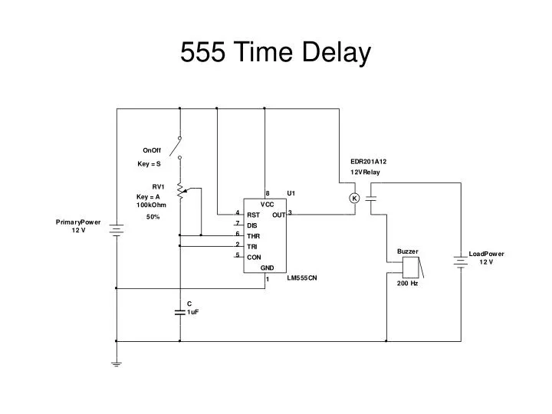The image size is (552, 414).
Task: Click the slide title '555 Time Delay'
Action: tap(276, 52)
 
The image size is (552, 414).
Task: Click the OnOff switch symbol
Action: tap(179, 147)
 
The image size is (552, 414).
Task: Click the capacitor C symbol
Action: tap(179, 311)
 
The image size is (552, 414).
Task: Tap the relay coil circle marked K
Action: tap(354, 199)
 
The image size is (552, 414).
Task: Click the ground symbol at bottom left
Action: tap(117, 364)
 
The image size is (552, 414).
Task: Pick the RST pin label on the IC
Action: tap(253, 215)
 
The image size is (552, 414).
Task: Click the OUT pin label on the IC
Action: tap(278, 215)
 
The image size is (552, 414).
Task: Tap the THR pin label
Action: tap(253, 236)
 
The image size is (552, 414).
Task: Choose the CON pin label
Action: tap(254, 258)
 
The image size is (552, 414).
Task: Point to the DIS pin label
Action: tap(251, 225)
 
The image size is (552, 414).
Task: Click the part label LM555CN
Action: tap(302, 278)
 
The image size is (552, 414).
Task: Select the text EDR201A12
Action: tap(369, 162)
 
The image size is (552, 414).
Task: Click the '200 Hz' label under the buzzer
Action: tap(407, 284)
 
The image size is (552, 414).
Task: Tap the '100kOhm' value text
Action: tap(152, 205)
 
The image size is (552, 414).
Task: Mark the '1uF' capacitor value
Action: tap(193, 312)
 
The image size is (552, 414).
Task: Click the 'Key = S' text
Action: tap(149, 164)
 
